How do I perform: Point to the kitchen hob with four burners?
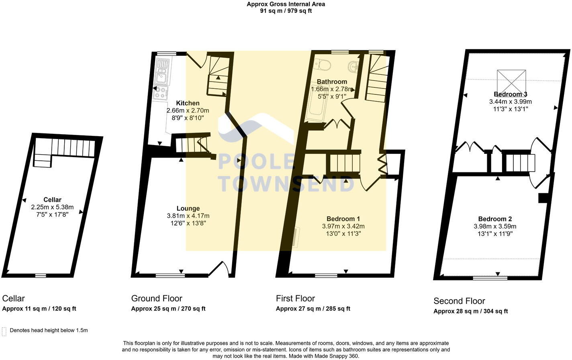[x=161, y=93]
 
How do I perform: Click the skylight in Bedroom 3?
[x=511, y=81]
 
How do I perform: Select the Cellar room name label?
[x=52, y=200]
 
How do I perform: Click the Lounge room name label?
[x=188, y=209]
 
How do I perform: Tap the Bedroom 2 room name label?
[x=495, y=219]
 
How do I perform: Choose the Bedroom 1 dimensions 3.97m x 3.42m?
[x=343, y=226]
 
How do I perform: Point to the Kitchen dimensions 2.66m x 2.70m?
[x=188, y=110]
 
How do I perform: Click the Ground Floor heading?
[x=157, y=299]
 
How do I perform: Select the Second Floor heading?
[x=459, y=301]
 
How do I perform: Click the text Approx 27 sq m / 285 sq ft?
[x=313, y=309]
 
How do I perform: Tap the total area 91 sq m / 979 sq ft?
[x=286, y=11]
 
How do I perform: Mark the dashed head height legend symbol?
[x=4, y=331]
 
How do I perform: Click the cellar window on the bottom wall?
[x=40, y=276]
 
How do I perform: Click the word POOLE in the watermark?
[x=256, y=162]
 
